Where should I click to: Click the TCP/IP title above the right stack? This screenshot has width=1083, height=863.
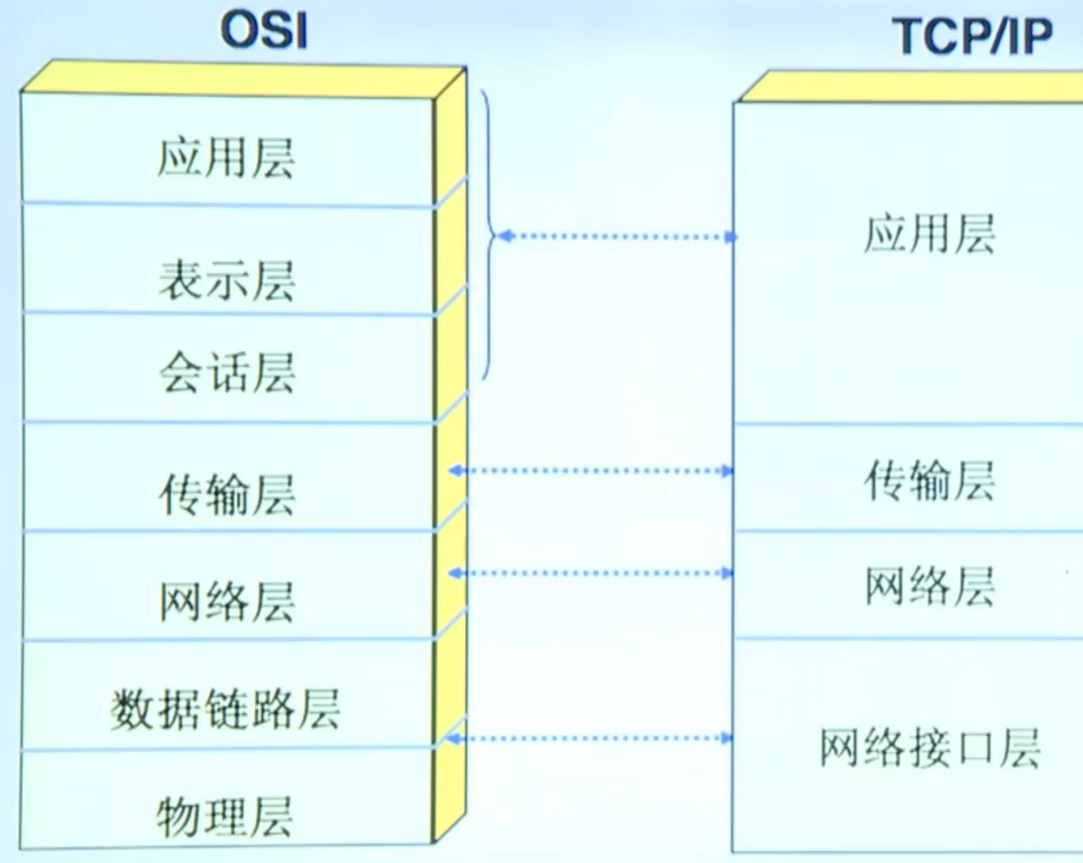(973, 36)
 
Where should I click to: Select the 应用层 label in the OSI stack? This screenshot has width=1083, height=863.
(226, 158)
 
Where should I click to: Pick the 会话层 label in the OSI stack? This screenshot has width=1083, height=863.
(226, 372)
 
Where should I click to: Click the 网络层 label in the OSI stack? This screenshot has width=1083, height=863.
(226, 601)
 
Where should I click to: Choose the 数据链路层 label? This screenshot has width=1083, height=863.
(225, 708)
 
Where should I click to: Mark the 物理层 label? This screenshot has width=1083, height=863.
(225, 815)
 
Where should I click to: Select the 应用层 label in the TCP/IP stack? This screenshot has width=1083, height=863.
(929, 235)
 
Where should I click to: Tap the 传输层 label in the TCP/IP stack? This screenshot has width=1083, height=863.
(929, 480)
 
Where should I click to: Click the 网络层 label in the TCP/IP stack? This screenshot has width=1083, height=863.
(929, 586)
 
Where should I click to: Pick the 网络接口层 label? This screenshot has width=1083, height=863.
(929, 747)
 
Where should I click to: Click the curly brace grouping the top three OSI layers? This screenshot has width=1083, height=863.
(489, 236)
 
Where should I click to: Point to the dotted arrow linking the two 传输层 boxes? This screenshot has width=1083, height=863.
(591, 470)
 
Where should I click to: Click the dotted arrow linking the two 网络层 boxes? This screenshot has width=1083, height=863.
(591, 573)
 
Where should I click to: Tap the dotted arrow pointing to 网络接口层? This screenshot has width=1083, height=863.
(591, 737)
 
